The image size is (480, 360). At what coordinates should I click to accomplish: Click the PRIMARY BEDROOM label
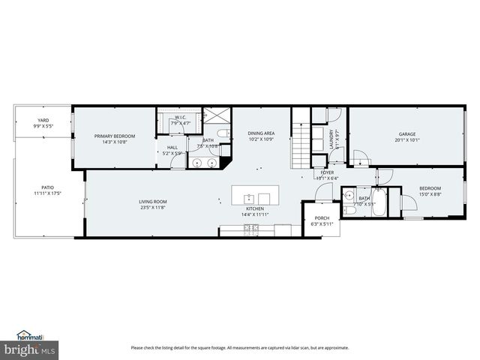(x=113, y=136)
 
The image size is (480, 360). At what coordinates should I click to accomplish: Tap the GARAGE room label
(x=406, y=135)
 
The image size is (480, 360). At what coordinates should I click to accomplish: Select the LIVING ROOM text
(x=152, y=202)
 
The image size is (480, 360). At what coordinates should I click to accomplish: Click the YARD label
(x=43, y=121)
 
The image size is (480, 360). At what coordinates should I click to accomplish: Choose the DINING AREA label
(x=262, y=133)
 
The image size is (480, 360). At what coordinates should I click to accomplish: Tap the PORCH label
(x=322, y=218)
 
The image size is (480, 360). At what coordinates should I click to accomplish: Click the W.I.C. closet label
(x=181, y=117)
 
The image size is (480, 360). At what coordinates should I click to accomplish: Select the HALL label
(x=172, y=147)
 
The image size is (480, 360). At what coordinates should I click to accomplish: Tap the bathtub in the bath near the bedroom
(x=379, y=200)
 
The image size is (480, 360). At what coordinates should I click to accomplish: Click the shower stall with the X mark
(x=218, y=118)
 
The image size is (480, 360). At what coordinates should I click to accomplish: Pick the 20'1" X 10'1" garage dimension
(x=406, y=140)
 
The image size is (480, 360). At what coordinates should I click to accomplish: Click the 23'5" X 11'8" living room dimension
(x=152, y=207)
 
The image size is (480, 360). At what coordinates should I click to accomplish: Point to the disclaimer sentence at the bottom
(x=240, y=347)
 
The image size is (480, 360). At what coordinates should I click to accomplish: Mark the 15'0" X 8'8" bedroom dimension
(x=430, y=193)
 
